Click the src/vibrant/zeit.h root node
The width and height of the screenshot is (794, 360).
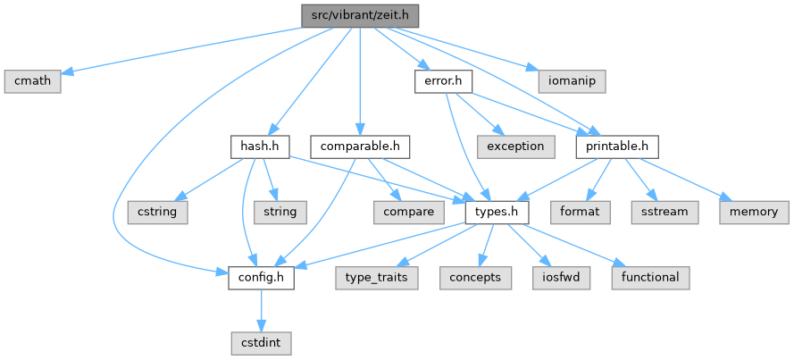click(360, 15)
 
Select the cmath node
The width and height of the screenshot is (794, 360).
click(33, 81)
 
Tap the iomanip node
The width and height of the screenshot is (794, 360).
click(573, 81)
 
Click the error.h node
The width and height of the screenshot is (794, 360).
click(443, 81)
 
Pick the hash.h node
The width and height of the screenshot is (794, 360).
click(259, 146)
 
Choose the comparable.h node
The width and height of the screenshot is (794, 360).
click(360, 146)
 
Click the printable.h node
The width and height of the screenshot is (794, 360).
click(617, 146)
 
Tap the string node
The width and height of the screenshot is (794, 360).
click(280, 213)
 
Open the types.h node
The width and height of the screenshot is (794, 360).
click(497, 213)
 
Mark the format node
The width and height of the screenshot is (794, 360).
click(581, 213)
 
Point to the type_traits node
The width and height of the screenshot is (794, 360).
click(378, 278)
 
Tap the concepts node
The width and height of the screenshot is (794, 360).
click(475, 278)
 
